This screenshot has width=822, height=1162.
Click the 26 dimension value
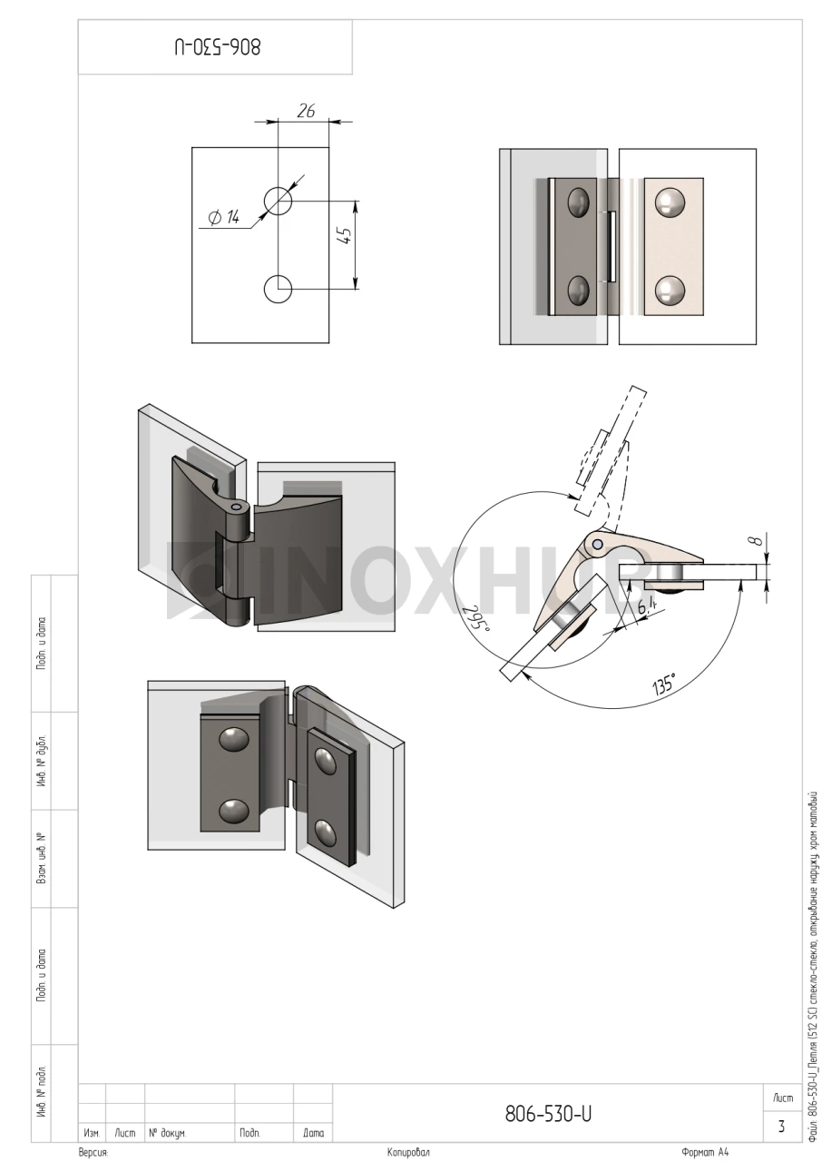pos(306,111)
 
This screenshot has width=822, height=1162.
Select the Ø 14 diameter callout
pos(223,217)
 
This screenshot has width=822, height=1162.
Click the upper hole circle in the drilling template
pos(279,201)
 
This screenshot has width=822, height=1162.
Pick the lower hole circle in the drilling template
pos(279,289)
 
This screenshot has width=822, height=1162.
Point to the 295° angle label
pos(477,620)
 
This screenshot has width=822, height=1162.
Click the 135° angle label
pos(664,684)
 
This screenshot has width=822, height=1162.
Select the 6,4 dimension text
pos(647,605)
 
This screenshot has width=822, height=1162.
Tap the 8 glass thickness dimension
pos(758,541)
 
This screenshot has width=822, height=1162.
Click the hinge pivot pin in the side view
pos(598,543)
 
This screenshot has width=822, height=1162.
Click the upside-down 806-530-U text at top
pos(217,46)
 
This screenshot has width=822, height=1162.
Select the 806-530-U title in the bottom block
pos(548,1113)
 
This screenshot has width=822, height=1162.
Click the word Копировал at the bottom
pos(408,1153)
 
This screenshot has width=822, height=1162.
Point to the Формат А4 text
pos(705,1152)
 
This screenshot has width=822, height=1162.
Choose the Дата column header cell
pos(313,1134)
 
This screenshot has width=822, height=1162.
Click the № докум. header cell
pos(190,1134)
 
